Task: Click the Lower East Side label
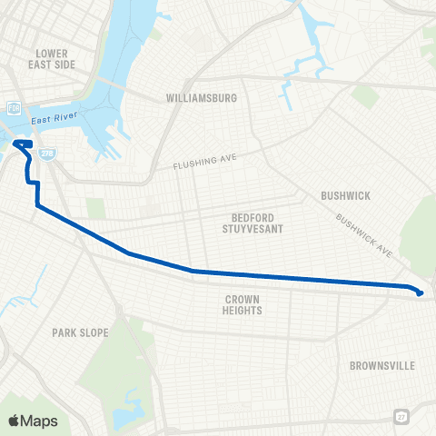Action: click(x=54, y=59)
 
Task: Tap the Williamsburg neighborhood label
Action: click(x=202, y=97)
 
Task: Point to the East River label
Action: click(x=53, y=120)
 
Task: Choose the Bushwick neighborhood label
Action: click(x=342, y=195)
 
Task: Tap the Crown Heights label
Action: click(x=243, y=304)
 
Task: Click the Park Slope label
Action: click(x=80, y=333)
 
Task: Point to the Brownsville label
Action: click(x=381, y=366)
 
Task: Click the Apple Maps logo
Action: click(x=32, y=421)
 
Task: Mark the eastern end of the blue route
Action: click(x=420, y=292)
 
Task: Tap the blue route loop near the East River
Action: click(x=24, y=144)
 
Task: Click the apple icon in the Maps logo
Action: click(x=14, y=420)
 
